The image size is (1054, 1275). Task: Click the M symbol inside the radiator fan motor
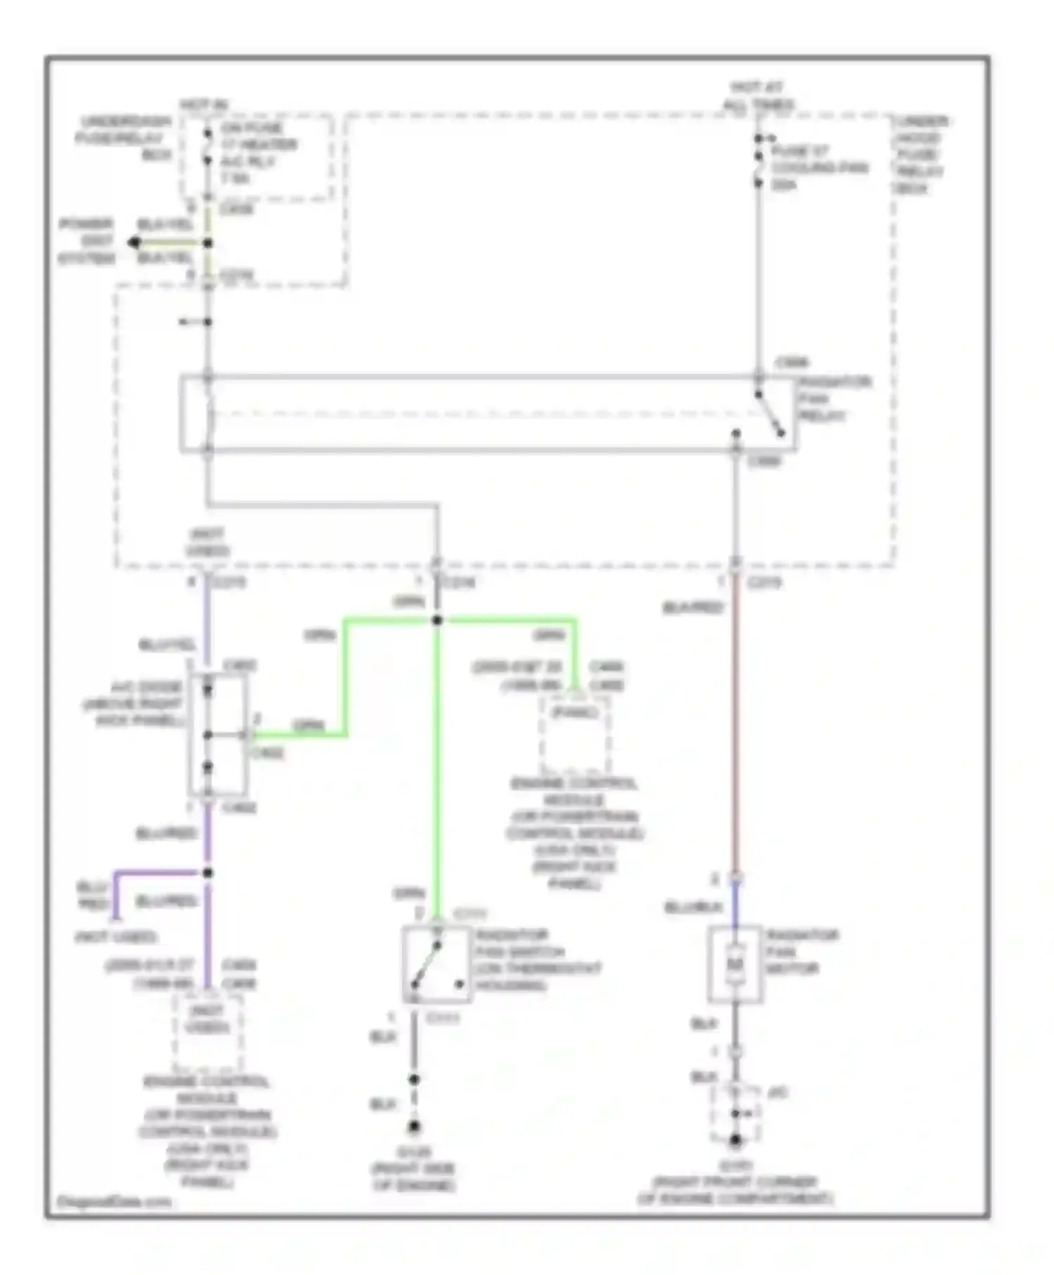pos(734,964)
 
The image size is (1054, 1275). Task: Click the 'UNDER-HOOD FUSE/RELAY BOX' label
pos(919,155)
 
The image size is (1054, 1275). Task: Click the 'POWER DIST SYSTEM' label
pos(87,241)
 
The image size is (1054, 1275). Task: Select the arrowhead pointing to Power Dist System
pos(134,243)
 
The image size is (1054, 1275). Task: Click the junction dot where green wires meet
pos(437,620)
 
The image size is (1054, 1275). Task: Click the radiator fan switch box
pos(436,964)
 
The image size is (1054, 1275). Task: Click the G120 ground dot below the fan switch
pos(415,1127)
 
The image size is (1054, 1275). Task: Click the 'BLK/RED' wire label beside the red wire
pos(693,607)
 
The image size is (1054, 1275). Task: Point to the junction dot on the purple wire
pos(207,873)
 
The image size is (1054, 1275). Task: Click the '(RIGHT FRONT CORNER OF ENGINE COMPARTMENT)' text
pos(735,1191)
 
